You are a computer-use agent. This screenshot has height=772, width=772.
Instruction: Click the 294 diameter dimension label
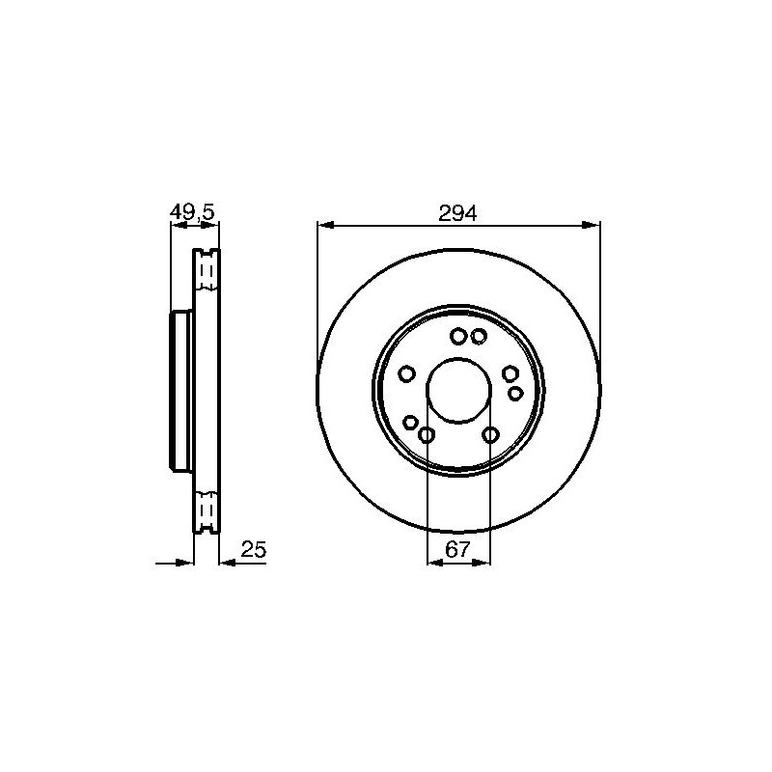click(457, 213)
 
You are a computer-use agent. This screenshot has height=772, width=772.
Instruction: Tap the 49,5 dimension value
click(192, 212)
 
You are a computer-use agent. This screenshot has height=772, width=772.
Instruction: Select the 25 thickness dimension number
click(254, 549)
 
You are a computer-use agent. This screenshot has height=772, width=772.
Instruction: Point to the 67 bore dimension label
click(457, 549)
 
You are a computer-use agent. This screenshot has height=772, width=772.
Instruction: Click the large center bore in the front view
click(458, 390)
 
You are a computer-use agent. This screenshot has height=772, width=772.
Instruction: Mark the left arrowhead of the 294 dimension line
click(326, 225)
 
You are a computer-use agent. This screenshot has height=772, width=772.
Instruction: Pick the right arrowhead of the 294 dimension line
click(592, 225)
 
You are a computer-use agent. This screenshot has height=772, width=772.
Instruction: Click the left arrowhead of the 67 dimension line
click(435, 563)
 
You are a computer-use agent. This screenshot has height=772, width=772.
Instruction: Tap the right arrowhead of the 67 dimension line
click(482, 563)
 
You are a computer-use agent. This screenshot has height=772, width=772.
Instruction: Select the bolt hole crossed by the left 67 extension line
click(427, 435)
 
